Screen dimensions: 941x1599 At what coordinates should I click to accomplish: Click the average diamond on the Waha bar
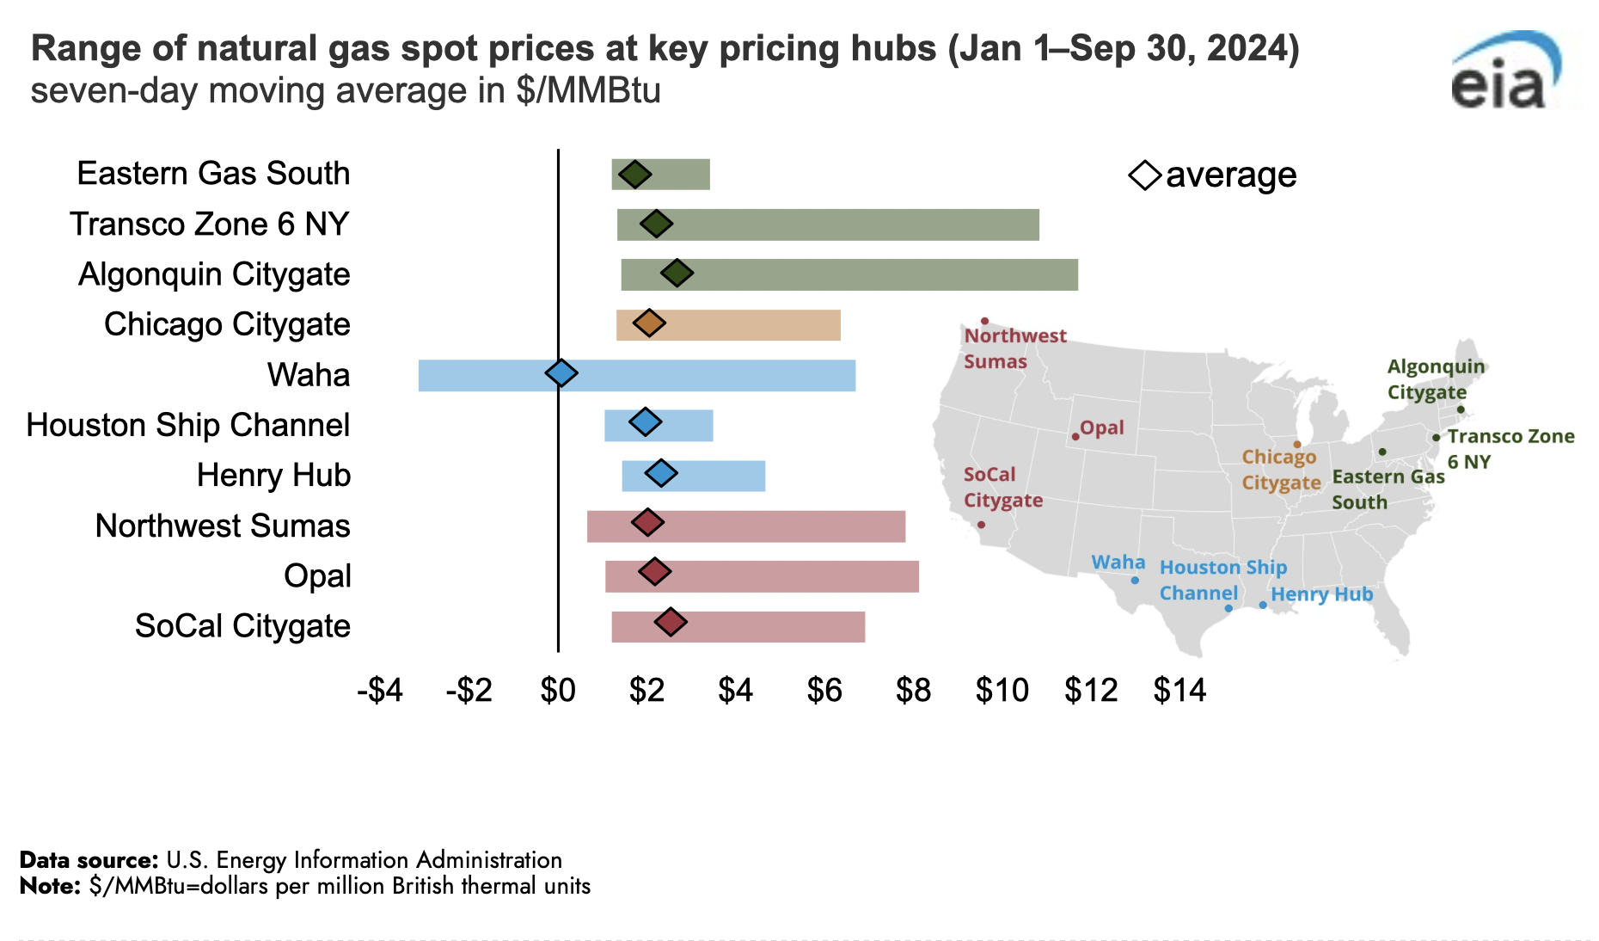click(561, 373)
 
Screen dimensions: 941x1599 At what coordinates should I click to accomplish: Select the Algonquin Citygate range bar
click(849, 274)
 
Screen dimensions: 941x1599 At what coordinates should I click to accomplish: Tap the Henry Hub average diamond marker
click(661, 473)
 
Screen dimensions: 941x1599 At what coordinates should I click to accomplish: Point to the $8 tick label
click(913, 690)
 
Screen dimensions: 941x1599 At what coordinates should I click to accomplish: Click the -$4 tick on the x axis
click(380, 690)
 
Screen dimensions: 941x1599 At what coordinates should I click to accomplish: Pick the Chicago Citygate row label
click(227, 324)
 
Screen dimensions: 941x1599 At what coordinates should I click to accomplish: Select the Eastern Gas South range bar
click(660, 175)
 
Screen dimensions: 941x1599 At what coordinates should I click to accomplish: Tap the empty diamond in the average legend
click(1145, 175)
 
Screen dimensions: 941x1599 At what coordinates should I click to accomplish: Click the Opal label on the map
click(1101, 427)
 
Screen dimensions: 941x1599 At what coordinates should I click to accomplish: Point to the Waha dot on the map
click(1135, 581)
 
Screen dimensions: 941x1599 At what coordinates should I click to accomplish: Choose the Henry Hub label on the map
click(1321, 594)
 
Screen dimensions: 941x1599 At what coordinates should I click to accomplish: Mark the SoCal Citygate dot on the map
click(981, 525)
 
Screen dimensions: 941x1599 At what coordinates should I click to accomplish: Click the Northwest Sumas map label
click(1014, 348)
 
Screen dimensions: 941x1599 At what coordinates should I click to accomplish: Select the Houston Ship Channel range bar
click(659, 426)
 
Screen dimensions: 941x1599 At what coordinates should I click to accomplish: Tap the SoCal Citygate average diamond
click(671, 622)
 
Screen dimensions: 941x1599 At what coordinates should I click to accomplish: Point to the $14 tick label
click(1179, 690)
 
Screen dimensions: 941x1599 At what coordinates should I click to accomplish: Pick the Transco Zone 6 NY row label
click(209, 224)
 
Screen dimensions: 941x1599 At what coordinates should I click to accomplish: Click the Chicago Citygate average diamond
click(649, 323)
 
